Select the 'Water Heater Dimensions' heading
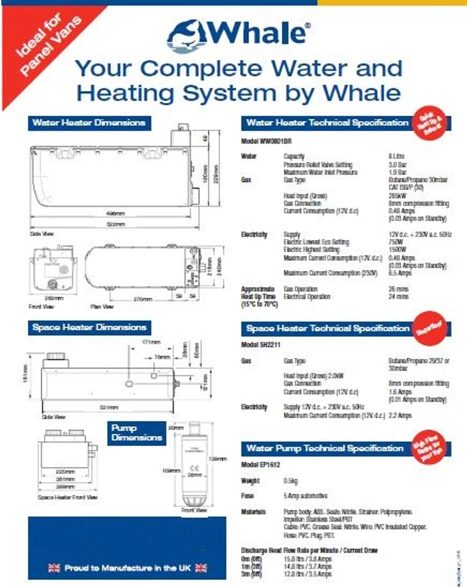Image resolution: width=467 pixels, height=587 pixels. point(89,123)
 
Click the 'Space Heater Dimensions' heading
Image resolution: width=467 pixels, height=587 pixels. point(89,327)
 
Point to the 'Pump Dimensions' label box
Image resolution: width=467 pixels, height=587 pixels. point(137,433)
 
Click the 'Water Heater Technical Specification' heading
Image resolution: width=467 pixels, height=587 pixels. point(327,123)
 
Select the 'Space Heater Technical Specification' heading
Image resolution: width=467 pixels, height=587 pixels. point(328,328)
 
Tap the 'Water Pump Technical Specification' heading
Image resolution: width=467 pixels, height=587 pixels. point(324,448)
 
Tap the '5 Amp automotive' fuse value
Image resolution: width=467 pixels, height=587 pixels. point(306,496)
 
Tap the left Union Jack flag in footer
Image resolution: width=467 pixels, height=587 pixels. point(54,568)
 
